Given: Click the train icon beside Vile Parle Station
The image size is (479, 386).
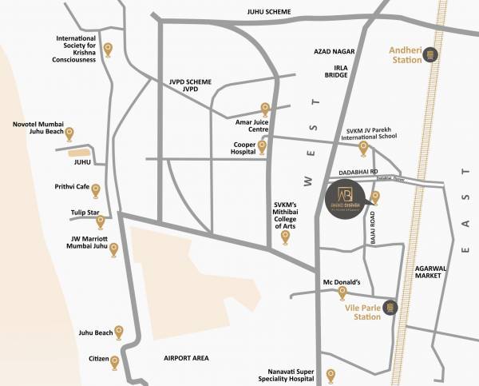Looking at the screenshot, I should tap(390, 307).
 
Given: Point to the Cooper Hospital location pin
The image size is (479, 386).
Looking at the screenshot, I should tap(261, 147).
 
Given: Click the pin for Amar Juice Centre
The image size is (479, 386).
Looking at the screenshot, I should tap(266, 109).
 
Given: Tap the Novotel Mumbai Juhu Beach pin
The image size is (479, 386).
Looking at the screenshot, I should tap(69, 134).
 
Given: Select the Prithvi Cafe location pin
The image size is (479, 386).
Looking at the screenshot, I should tap(96, 190).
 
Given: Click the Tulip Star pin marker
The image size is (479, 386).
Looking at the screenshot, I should tap(101, 221).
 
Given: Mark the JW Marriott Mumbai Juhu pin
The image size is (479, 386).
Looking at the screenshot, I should tap(113, 249).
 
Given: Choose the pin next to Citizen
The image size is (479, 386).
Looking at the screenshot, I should tap(115, 362).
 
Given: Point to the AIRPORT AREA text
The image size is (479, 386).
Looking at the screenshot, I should tap(186, 358).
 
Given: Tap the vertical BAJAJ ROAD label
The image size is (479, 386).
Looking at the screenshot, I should tap(372, 227).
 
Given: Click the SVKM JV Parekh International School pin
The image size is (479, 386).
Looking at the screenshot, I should tap(363, 148).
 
